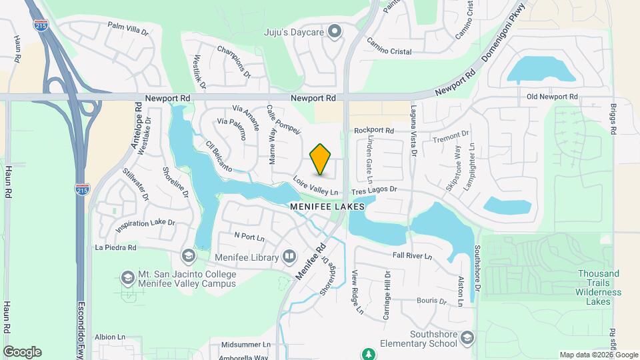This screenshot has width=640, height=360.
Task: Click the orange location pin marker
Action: (x=321, y=159)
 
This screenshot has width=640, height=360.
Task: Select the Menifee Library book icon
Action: (x=289, y=256)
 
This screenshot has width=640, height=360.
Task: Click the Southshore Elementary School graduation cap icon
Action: (x=467, y=338)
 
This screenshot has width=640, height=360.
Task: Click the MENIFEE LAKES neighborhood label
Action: (x=327, y=207)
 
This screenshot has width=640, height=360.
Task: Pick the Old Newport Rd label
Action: (x=552, y=97)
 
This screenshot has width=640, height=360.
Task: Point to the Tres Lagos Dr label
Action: (x=374, y=190)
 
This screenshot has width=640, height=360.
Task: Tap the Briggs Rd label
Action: (x=613, y=119)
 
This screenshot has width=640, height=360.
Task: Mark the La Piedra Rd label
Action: (x=115, y=247)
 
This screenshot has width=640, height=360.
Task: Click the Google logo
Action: (x=22, y=352)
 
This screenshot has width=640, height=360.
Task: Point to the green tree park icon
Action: (x=367, y=353)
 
